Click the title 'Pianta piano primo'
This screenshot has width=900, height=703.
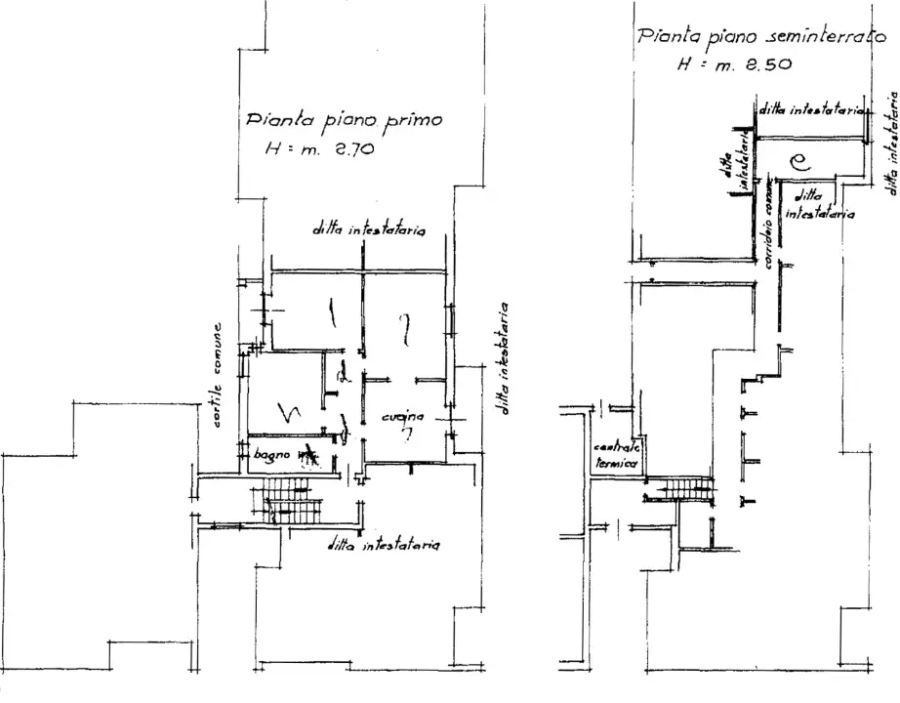click(x=344, y=121)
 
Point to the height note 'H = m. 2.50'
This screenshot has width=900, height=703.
click(x=734, y=64)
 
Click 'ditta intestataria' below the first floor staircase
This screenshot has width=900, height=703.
click(x=387, y=546)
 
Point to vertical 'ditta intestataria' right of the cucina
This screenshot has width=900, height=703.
click(x=506, y=355)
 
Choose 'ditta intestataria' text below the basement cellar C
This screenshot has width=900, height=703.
click(x=820, y=205)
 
